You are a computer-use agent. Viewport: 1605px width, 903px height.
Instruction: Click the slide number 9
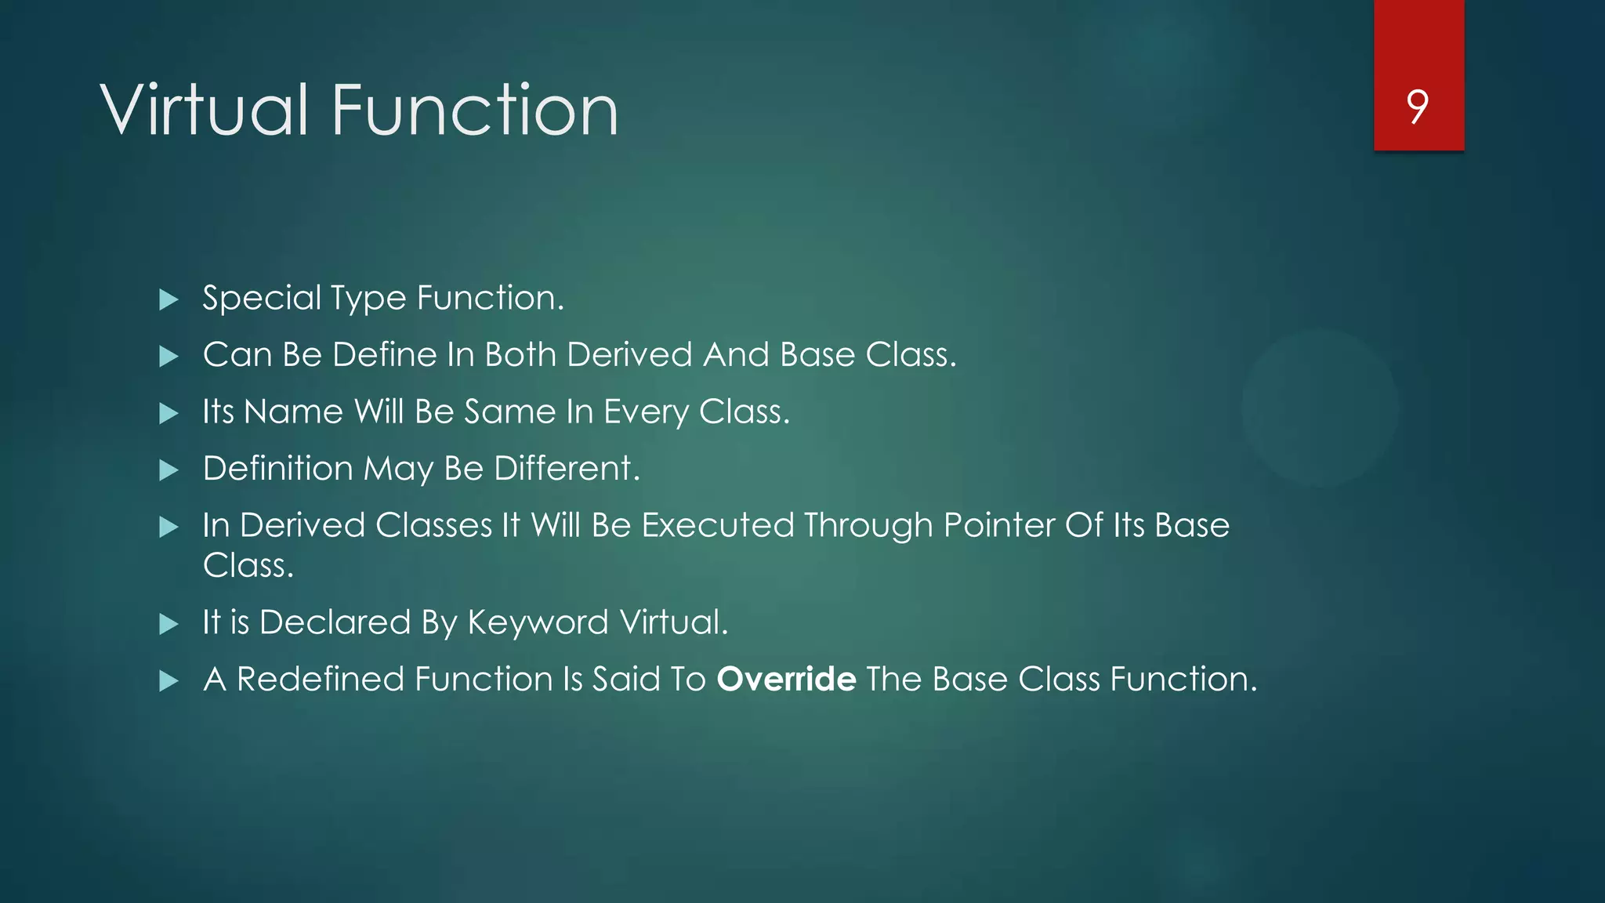point(1417,107)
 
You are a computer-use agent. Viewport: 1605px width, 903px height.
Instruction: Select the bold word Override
point(786,679)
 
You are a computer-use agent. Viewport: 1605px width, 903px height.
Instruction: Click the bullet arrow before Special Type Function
point(168,299)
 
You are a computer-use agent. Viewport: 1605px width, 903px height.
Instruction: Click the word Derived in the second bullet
point(629,354)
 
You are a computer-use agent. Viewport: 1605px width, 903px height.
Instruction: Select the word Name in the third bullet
point(293,412)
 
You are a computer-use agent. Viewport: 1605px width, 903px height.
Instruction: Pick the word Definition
point(277,468)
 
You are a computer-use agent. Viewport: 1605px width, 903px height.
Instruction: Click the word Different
point(562,468)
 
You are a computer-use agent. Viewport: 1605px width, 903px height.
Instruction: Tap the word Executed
point(718,525)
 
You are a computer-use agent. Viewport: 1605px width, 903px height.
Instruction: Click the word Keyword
point(538,622)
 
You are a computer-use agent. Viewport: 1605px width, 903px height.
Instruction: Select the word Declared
point(335,622)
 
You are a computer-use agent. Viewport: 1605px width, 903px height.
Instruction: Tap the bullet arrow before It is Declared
point(168,624)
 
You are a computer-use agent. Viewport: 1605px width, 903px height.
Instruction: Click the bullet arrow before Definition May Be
point(168,470)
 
